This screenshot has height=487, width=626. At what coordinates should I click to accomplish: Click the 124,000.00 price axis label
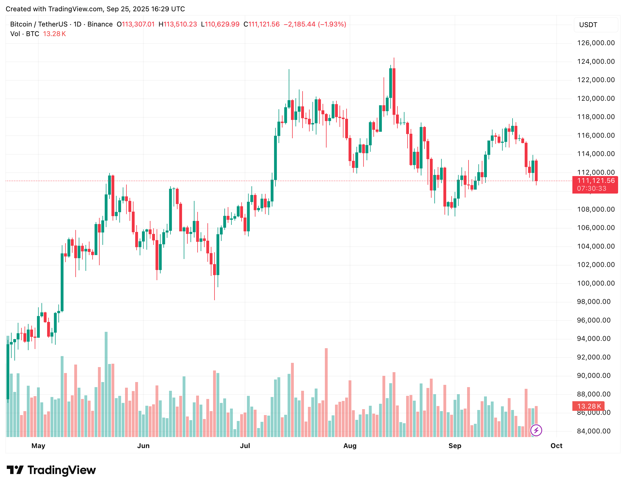coord(596,61)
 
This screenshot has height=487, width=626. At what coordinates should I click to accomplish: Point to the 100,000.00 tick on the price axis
coord(596,283)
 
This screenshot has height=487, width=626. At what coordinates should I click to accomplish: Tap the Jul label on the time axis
coord(245,446)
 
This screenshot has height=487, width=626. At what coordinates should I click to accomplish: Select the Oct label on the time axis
coord(556,446)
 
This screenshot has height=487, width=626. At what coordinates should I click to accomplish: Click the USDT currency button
coord(596,25)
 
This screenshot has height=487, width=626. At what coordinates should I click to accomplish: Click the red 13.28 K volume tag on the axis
coord(588,406)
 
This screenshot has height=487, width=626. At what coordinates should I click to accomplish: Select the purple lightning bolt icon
coord(536,430)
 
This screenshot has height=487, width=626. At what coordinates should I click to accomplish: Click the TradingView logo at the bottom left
coord(51,470)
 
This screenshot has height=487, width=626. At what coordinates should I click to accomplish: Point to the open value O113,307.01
coord(135,24)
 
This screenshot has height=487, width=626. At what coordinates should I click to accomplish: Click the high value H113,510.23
coord(178,24)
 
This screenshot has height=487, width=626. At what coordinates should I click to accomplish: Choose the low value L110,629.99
coord(220,24)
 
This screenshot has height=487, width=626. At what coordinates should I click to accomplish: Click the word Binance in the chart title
coord(100,24)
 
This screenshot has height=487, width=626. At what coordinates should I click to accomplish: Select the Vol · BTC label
coord(25,34)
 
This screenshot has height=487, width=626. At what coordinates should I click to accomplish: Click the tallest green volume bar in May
coord(106,384)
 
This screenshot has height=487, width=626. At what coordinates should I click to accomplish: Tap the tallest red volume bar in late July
coord(326,392)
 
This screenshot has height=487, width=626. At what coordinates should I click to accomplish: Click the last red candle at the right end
coord(536,171)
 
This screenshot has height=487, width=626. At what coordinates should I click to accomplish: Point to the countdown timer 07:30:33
coord(592,188)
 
